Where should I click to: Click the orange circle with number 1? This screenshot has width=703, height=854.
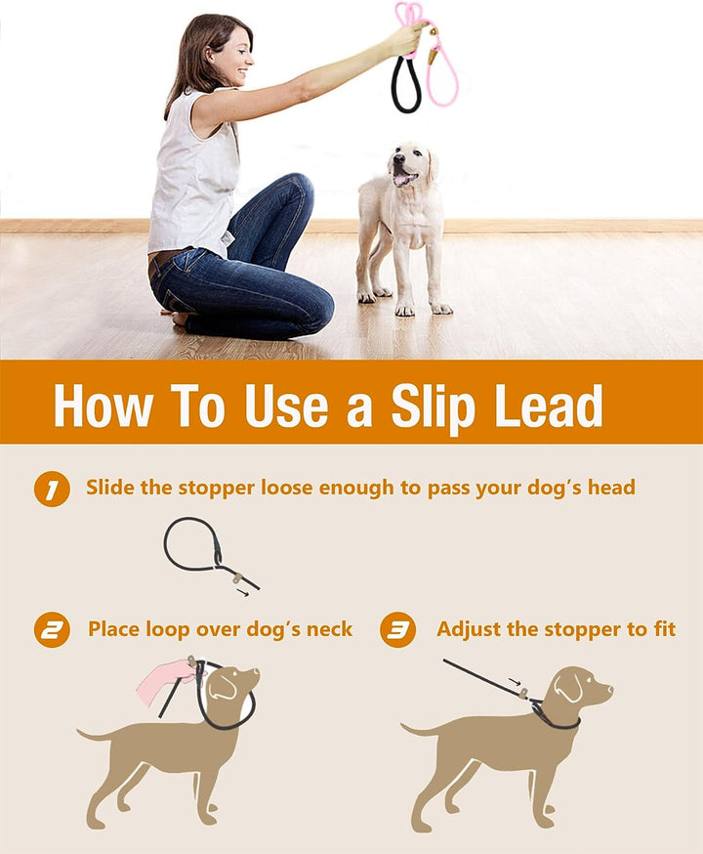(x=52, y=489)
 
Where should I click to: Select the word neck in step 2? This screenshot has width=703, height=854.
(x=329, y=629)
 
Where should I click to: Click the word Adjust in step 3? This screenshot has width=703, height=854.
(x=469, y=629)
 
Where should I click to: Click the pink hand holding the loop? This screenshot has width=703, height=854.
(x=164, y=680)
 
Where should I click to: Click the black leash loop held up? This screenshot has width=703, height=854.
(x=405, y=85)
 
